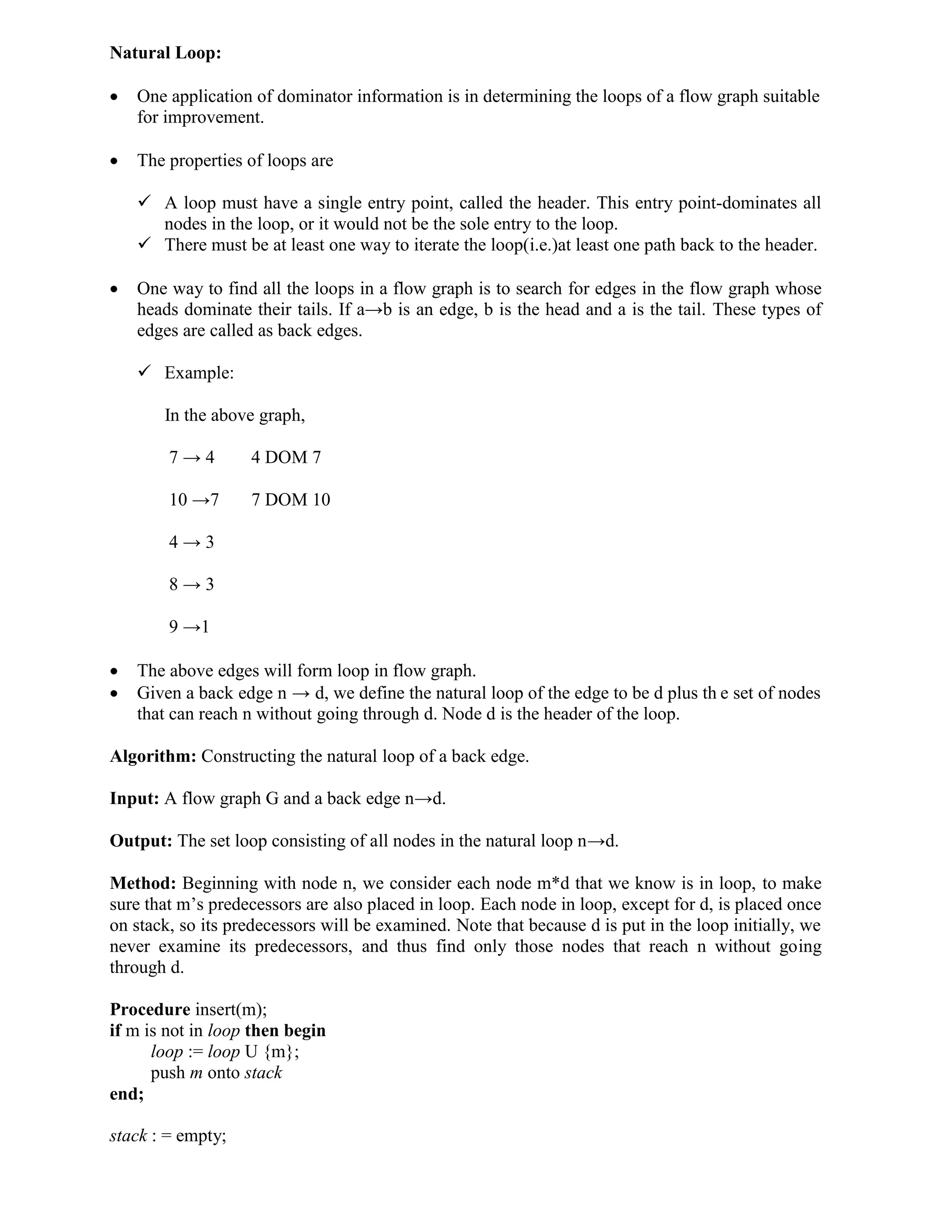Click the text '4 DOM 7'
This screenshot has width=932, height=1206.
coord(285,457)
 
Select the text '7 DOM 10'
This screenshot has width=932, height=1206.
coord(290,500)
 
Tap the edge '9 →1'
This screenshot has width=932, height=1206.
coord(189,627)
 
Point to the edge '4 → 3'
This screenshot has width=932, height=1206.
coord(191,542)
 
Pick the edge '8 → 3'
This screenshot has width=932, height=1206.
coord(191,584)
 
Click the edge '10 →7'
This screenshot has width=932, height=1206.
coord(194,500)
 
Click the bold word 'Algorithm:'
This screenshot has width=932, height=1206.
coord(153,756)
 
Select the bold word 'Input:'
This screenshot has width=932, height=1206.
coord(134,799)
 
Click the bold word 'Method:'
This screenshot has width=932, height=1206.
coord(142,883)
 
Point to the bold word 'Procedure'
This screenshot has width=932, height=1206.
coord(150,1009)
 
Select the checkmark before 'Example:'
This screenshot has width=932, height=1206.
coord(145,372)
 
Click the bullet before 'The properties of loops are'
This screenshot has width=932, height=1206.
coord(114,161)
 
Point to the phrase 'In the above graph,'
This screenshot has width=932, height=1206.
coord(235,415)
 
